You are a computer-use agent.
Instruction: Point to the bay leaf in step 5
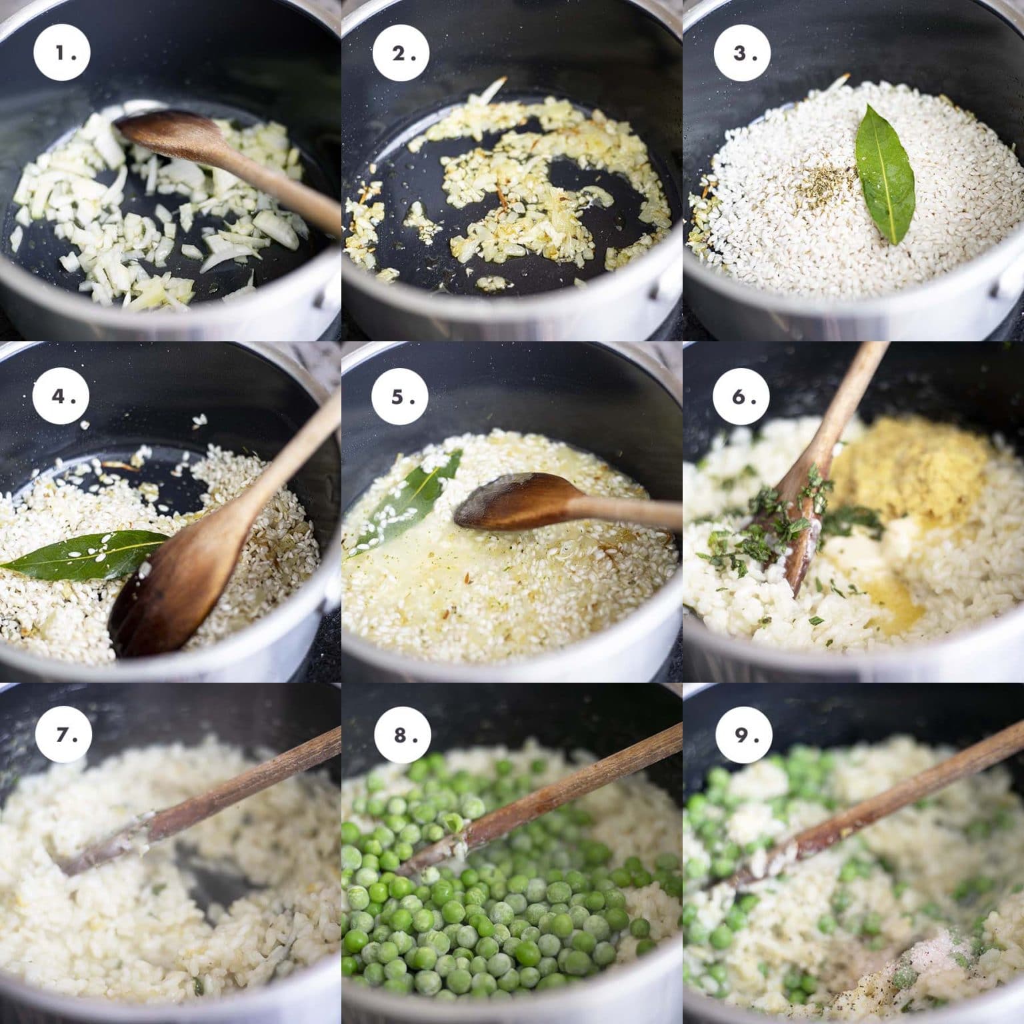[x=407, y=493]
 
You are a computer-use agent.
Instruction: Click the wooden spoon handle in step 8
[x=573, y=780]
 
